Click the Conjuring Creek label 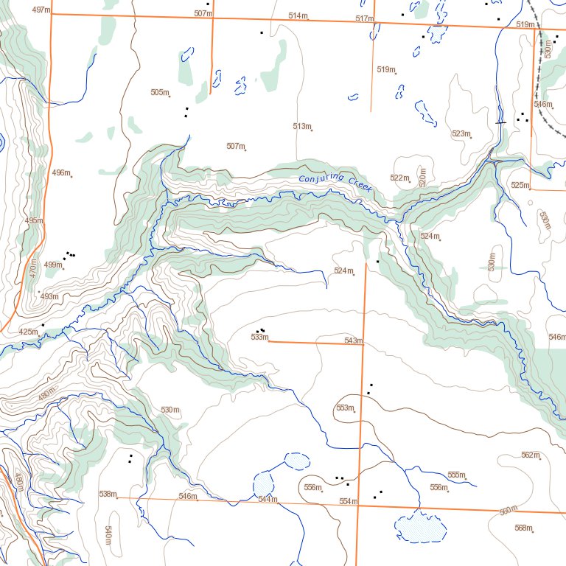(335, 184)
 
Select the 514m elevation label (298, 15)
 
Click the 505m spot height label (159, 92)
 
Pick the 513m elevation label (301, 126)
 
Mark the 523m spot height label (461, 133)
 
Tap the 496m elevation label (61, 172)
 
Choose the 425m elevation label (28, 332)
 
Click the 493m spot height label (49, 296)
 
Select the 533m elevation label (259, 337)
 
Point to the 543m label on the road (354, 340)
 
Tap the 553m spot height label (345, 408)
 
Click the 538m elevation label (108, 494)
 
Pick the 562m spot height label (530, 455)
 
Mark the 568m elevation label (523, 527)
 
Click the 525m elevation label (520, 184)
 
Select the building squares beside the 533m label (260, 330)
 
